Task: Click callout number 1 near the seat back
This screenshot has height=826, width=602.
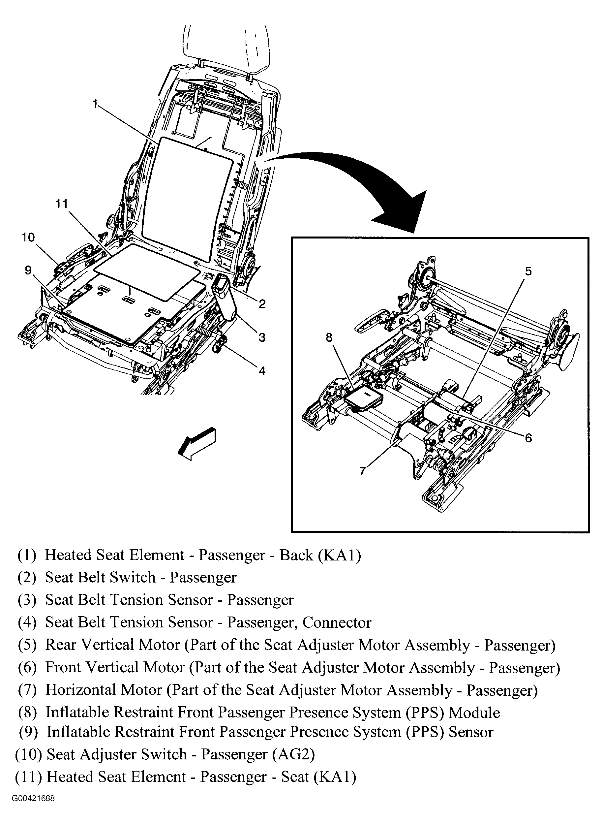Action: pyautogui.click(x=95, y=105)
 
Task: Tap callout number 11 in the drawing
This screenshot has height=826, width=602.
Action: pyautogui.click(x=62, y=204)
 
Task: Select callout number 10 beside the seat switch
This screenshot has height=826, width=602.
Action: pyautogui.click(x=28, y=238)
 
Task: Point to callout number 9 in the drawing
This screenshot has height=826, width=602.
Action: pyautogui.click(x=28, y=270)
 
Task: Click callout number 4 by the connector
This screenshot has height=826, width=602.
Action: pyautogui.click(x=262, y=371)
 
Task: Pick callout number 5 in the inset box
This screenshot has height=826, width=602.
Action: pyautogui.click(x=528, y=271)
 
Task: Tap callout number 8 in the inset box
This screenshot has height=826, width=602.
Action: pyautogui.click(x=329, y=338)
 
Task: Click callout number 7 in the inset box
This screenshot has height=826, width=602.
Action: pyautogui.click(x=362, y=471)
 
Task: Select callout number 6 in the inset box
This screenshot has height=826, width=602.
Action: pyautogui.click(x=528, y=437)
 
